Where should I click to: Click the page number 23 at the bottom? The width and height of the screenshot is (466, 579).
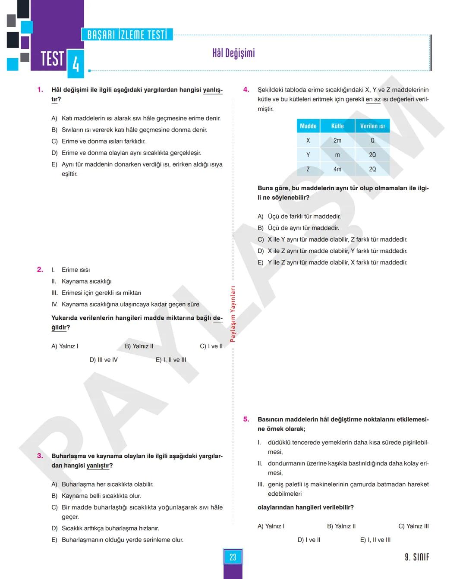click(x=233, y=557)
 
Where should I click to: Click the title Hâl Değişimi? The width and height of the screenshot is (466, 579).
click(x=233, y=53)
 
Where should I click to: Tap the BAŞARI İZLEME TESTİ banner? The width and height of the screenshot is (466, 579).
click(x=127, y=35)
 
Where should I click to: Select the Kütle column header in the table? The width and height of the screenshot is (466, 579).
click(x=337, y=126)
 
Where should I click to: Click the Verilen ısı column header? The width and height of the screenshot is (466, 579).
click(x=372, y=126)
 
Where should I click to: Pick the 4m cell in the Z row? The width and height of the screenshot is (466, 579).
click(x=337, y=169)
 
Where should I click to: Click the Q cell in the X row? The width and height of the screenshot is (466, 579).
click(x=372, y=141)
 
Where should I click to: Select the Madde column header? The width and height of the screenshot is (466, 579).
click(x=308, y=126)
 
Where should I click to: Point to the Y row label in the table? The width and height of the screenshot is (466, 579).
click(x=308, y=155)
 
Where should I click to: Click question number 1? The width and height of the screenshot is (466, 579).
click(x=40, y=90)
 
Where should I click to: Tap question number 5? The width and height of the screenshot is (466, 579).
click(x=246, y=419)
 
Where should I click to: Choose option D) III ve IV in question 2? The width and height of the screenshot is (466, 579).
click(x=104, y=360)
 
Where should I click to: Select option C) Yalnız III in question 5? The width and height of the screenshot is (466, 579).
click(x=413, y=526)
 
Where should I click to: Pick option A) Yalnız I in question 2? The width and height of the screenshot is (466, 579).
click(x=65, y=346)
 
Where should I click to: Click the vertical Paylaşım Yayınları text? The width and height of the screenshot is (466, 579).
click(x=233, y=314)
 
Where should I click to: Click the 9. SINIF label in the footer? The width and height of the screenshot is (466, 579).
click(x=417, y=557)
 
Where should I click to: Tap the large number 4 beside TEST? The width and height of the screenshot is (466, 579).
click(x=76, y=64)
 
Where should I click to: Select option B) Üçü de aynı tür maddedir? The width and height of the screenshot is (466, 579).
click(x=299, y=228)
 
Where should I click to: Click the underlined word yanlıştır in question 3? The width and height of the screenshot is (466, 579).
click(x=99, y=466)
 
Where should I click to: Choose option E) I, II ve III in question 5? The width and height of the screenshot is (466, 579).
click(x=375, y=540)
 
